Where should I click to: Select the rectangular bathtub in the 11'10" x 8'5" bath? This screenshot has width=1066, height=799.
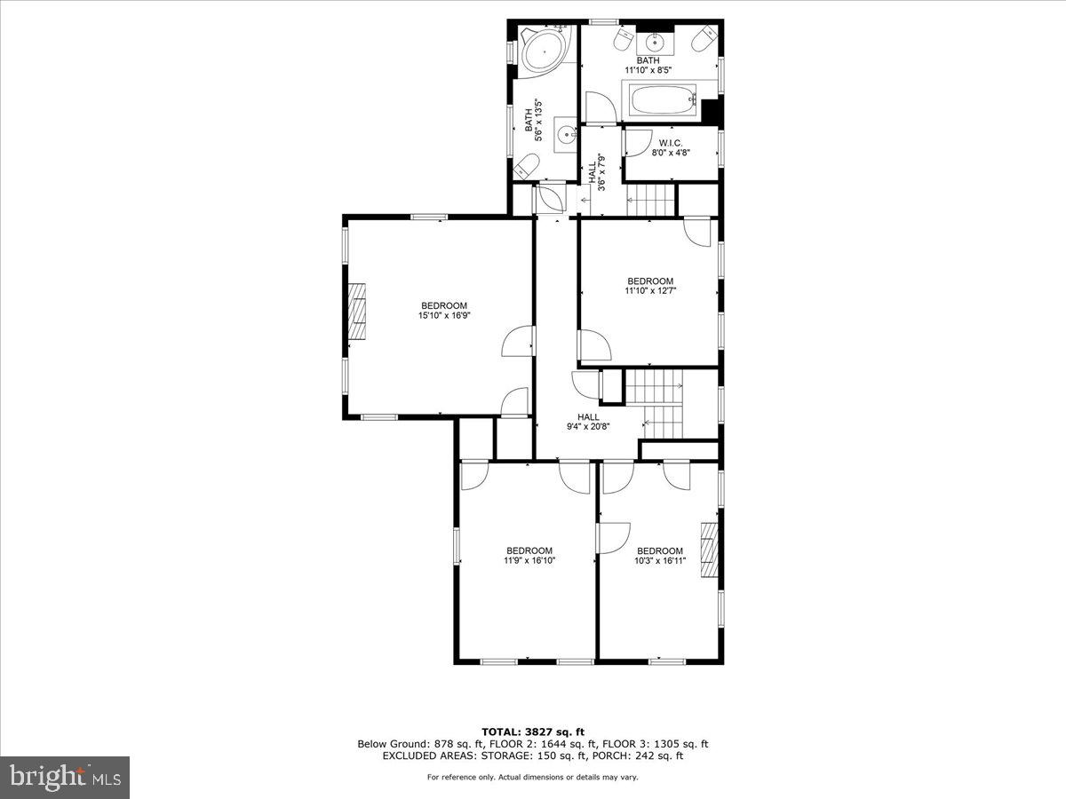662,100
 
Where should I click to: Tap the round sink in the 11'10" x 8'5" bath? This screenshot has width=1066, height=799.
658,40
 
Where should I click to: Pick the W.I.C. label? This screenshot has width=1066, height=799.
671,142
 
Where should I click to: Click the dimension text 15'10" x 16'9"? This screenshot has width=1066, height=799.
443,315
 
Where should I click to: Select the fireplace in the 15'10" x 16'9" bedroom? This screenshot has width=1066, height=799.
356,311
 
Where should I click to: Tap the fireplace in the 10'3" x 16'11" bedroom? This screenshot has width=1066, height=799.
708,550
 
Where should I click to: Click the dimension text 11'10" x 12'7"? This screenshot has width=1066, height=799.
650,291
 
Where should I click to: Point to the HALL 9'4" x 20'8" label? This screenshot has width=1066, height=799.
588,422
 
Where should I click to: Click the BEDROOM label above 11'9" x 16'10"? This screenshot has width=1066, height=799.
529,550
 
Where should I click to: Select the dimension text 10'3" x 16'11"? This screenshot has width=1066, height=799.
660,560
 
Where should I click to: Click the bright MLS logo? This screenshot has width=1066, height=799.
65,777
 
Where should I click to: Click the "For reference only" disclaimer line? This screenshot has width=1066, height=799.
532,778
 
